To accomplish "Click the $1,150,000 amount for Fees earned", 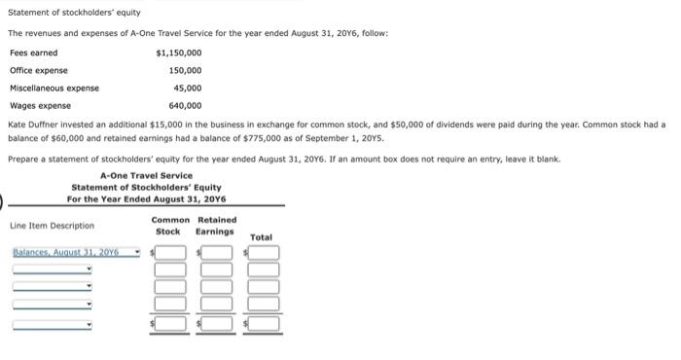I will coord(179,53).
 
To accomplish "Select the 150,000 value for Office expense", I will coord(185,70).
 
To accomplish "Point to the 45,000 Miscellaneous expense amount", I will coord(188,88).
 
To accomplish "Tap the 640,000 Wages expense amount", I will coord(185,105).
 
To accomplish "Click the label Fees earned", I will coord(33,53).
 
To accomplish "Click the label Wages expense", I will coord(40,105).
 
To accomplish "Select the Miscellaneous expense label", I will coord(54,88).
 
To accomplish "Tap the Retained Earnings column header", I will coord(215,226).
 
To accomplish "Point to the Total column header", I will coord(262,237).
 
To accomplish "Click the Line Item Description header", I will coord(53,226).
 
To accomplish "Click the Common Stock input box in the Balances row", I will coord(171,253).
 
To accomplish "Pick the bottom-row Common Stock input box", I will coord(171,323).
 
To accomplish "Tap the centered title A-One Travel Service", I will coord(146,175).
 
